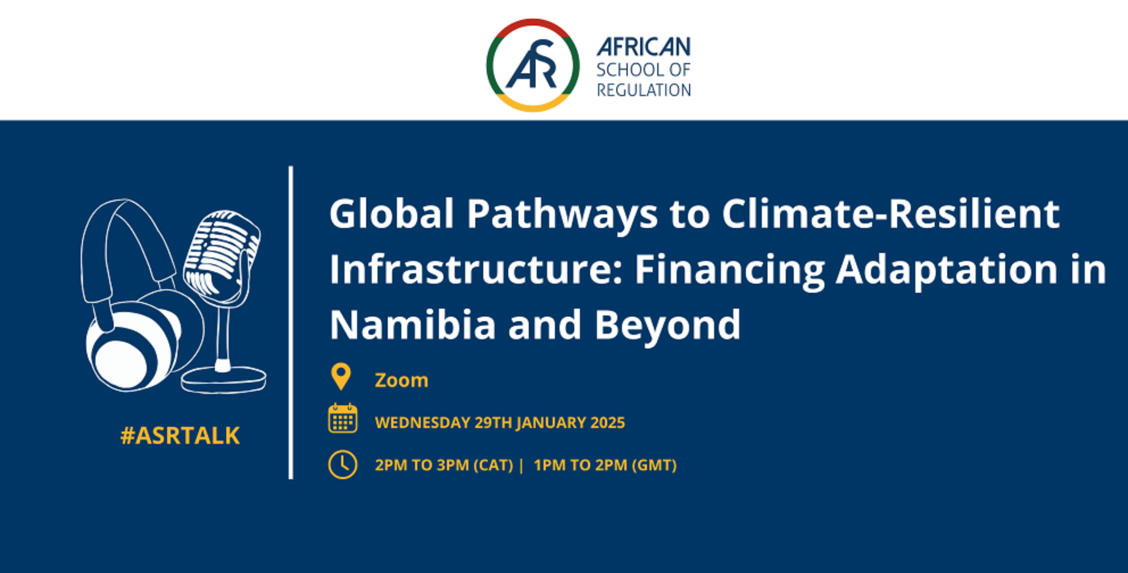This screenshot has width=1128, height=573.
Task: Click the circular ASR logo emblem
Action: pyautogui.click(x=533, y=65)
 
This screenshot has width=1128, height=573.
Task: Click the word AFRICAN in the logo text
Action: pyautogui.click(x=644, y=47)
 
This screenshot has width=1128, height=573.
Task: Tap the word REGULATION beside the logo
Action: pyautogui.click(x=644, y=90)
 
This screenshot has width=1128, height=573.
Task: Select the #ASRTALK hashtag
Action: pyautogui.click(x=180, y=435)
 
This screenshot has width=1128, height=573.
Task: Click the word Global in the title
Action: pyautogui.click(x=392, y=214)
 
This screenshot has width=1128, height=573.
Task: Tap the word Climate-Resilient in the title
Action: pyautogui.click(x=891, y=214)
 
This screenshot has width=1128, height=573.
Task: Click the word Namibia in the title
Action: pyautogui.click(x=412, y=325)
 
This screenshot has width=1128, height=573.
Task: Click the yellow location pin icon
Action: pyautogui.click(x=341, y=376)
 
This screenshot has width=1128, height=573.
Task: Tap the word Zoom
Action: pyautogui.click(x=401, y=380)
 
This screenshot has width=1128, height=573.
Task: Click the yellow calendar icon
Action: pyautogui.click(x=343, y=418)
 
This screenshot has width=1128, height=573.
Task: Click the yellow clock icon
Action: pyautogui.click(x=343, y=464)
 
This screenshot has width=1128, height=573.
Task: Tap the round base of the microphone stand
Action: pyautogui.click(x=224, y=380)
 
